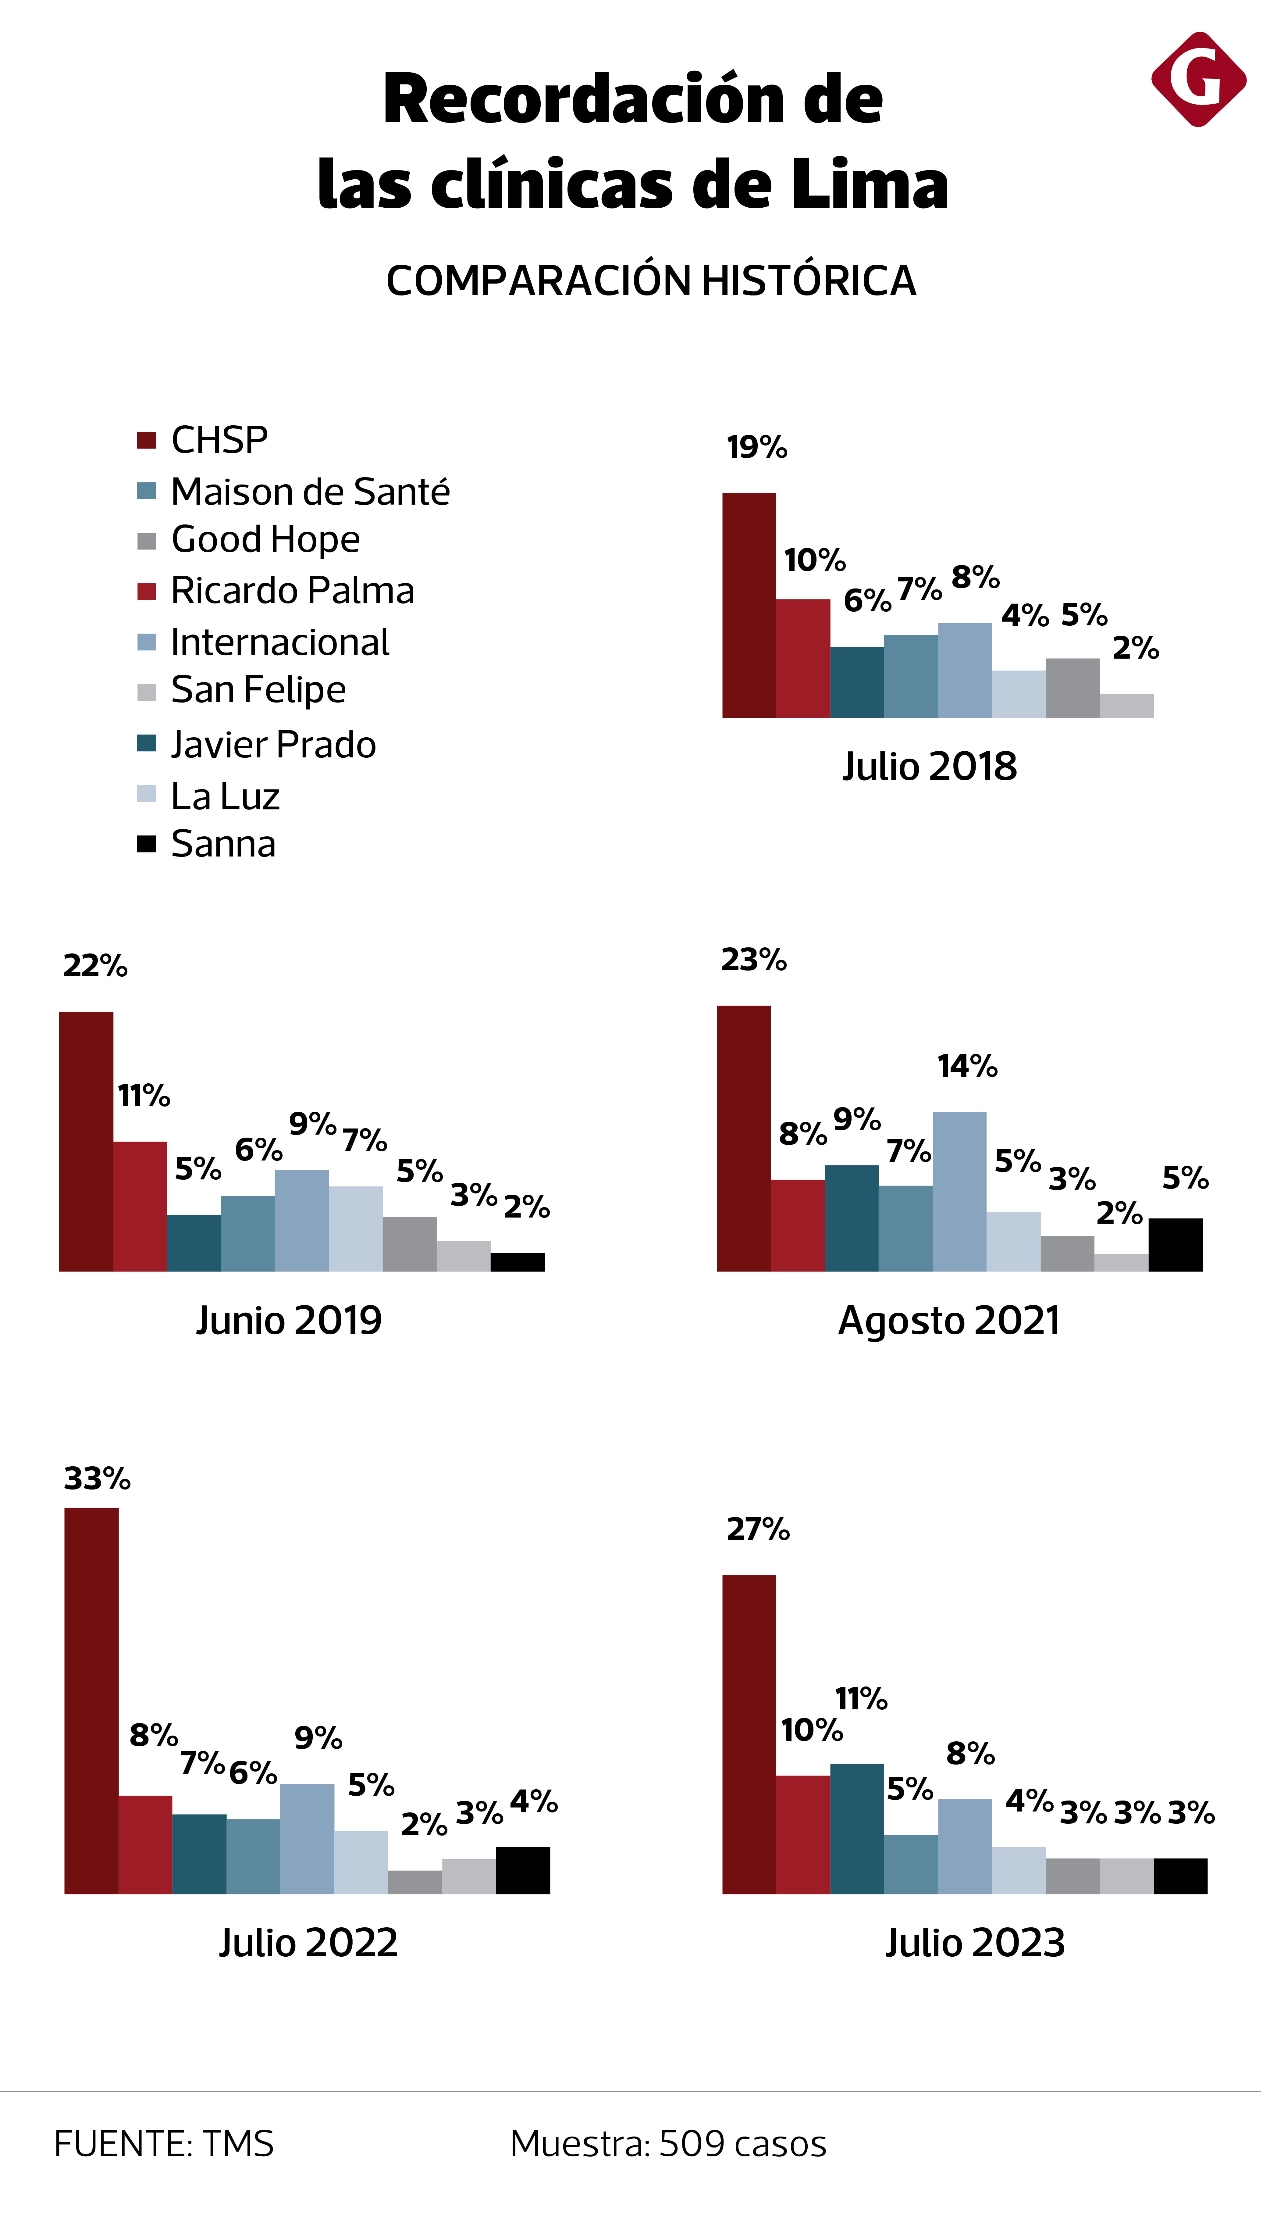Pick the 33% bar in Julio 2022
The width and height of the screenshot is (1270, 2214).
pos(92,1702)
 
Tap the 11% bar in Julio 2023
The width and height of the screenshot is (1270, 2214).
pos(856,1830)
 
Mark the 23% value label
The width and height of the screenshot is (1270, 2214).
pos(754,960)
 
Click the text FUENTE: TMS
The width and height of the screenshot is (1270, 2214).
pos(164,2144)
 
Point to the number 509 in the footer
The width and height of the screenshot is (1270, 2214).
pos(692,2144)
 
